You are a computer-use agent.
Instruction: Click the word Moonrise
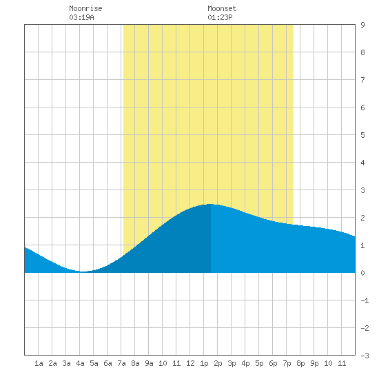[x=85, y=8]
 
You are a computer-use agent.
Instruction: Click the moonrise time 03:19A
[x=81, y=17]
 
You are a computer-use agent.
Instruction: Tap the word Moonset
[x=222, y=8]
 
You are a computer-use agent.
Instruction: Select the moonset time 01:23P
[x=220, y=17]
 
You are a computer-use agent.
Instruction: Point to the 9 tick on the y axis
[x=362, y=25]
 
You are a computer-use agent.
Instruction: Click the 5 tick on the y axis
[x=362, y=135]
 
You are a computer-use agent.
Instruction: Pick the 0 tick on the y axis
[x=362, y=273]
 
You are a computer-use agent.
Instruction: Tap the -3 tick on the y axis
[x=365, y=356]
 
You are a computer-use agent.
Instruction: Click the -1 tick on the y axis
[x=365, y=300]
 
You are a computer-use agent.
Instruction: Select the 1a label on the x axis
[x=39, y=363]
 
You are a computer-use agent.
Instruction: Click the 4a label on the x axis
[x=80, y=363]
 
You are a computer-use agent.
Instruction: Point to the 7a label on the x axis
[x=121, y=363]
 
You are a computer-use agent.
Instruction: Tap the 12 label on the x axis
[x=190, y=363]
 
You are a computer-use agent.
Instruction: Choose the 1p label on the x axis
[x=204, y=363]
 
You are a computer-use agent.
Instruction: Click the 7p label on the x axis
[x=287, y=363]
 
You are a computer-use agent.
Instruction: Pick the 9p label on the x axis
[x=314, y=363]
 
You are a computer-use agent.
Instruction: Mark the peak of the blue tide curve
[x=211, y=204]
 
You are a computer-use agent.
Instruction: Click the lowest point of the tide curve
[x=83, y=272]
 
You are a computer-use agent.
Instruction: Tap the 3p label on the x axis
[x=232, y=363]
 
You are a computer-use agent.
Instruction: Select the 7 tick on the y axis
[x=362, y=80]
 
